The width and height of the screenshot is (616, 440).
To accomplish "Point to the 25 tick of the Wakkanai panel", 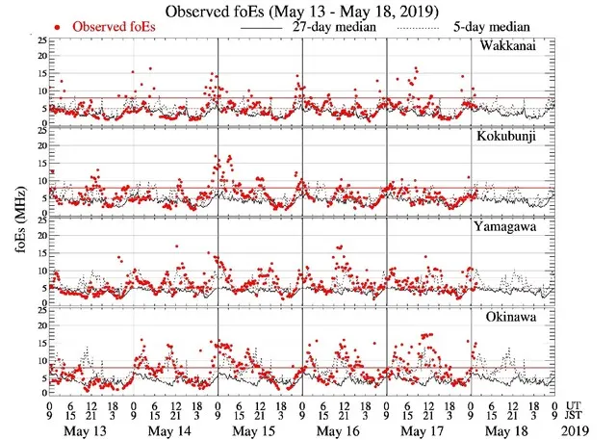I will [x=38, y=41].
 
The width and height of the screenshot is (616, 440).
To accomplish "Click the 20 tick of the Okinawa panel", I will [x=38, y=325].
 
